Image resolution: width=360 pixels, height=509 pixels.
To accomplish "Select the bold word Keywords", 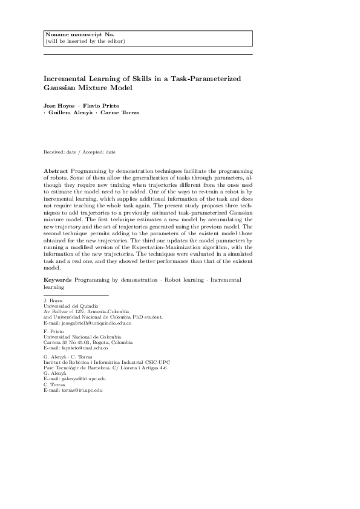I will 58,280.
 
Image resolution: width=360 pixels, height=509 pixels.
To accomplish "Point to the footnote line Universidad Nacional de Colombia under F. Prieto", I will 74,338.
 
